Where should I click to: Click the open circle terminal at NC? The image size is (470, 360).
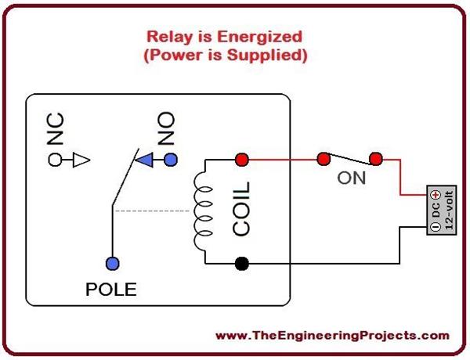click(x=56, y=160)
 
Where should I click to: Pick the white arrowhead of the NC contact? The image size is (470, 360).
click(x=82, y=160)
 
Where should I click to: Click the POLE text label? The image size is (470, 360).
click(x=110, y=290)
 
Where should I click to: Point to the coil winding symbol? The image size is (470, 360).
click(x=202, y=211)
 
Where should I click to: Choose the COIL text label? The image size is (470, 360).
click(x=241, y=210)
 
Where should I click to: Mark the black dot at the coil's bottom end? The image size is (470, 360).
click(x=242, y=264)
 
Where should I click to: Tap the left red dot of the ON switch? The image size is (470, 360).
click(x=322, y=160)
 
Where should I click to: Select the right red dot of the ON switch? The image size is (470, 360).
click(x=376, y=160)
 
